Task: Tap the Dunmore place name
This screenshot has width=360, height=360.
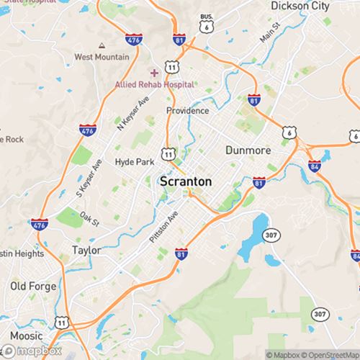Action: tap(247, 150)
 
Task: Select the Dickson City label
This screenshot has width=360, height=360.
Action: tap(299, 6)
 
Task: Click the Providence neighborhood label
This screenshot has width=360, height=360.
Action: tap(187, 111)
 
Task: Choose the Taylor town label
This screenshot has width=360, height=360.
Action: tap(86, 250)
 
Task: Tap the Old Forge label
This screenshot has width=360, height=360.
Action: tap(33, 286)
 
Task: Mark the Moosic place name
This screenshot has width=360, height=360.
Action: tap(26, 336)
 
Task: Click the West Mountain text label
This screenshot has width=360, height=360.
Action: tap(101, 56)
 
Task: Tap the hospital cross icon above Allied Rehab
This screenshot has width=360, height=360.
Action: tap(154, 73)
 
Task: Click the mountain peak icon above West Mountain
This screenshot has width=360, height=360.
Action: tap(101, 45)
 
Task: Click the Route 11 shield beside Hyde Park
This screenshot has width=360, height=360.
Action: tap(168, 154)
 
